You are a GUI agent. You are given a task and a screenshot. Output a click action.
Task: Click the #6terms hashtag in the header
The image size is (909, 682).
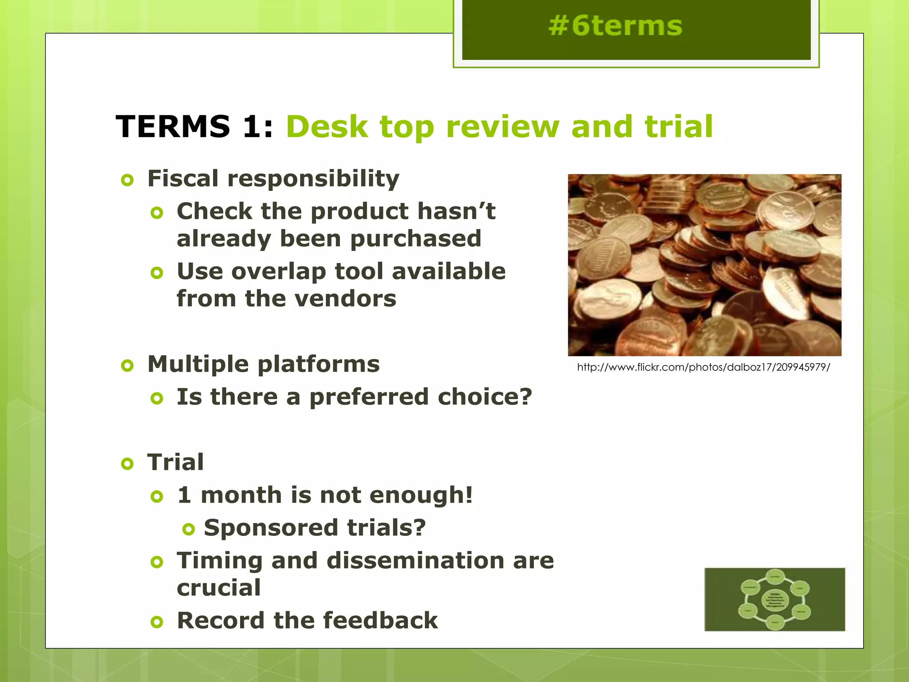tap(615, 26)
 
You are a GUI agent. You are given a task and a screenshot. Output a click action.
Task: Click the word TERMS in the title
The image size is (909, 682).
tap(173, 127)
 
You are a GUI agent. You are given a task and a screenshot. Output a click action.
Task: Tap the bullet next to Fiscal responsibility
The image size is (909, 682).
tap(127, 180)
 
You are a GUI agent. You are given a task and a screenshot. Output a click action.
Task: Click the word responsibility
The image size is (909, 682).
tap(313, 179)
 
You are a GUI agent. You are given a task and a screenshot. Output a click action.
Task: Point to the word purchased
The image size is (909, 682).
tap(415, 239)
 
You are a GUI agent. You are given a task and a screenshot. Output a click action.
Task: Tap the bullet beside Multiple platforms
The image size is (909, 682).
tap(127, 366)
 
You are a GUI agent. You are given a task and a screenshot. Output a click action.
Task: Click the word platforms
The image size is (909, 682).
tap(318, 365)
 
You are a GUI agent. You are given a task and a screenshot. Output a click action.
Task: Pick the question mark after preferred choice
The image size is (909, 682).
tap(526, 397)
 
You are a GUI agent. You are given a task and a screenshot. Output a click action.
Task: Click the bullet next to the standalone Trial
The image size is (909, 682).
tap(127, 464)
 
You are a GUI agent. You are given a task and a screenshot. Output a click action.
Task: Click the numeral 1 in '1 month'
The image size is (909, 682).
tap(184, 495)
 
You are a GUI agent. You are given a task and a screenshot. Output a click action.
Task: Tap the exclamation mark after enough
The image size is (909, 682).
tap(468, 495)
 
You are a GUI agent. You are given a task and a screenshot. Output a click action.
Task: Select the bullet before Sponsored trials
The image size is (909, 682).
tap(189, 529)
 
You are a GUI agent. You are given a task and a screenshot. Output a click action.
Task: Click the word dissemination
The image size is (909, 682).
tap(415, 560)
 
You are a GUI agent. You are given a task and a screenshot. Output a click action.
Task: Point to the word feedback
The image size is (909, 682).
tap(380, 620)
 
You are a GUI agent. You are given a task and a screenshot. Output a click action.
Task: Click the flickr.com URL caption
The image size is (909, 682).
tap(703, 367)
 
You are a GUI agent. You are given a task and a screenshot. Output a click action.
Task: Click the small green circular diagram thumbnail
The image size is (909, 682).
tap(775, 599)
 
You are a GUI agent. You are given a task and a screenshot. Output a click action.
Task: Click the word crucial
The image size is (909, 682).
tap(219, 588)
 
